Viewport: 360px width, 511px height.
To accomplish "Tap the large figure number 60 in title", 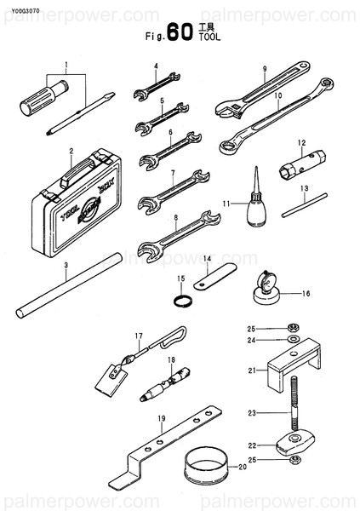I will pos(180,33).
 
